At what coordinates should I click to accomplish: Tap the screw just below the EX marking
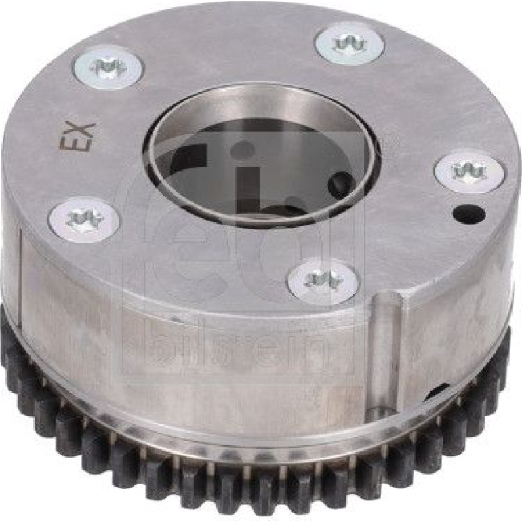85,218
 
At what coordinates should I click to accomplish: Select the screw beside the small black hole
471,172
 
